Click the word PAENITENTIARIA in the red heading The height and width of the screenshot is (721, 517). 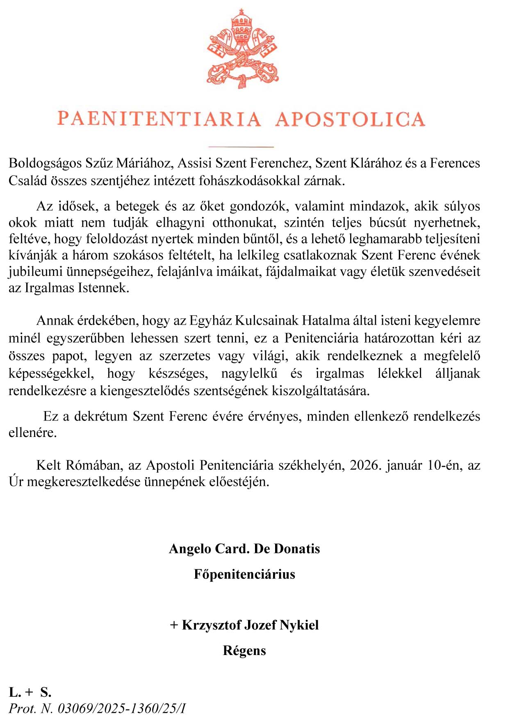click(x=159, y=119)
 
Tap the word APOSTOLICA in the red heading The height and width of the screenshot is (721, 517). click(x=350, y=119)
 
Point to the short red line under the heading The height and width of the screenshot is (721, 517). click(x=241, y=146)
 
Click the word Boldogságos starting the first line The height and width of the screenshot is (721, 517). click(x=45, y=163)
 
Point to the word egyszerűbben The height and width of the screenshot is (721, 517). click(x=85, y=338)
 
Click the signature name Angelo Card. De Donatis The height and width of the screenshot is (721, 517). click(x=244, y=548)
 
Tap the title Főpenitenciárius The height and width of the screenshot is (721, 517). click(x=244, y=574)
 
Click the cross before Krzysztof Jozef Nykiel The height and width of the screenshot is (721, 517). click(x=174, y=625)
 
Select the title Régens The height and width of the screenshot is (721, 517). click(x=244, y=650)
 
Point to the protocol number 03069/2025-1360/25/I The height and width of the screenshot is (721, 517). click(x=121, y=708)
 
